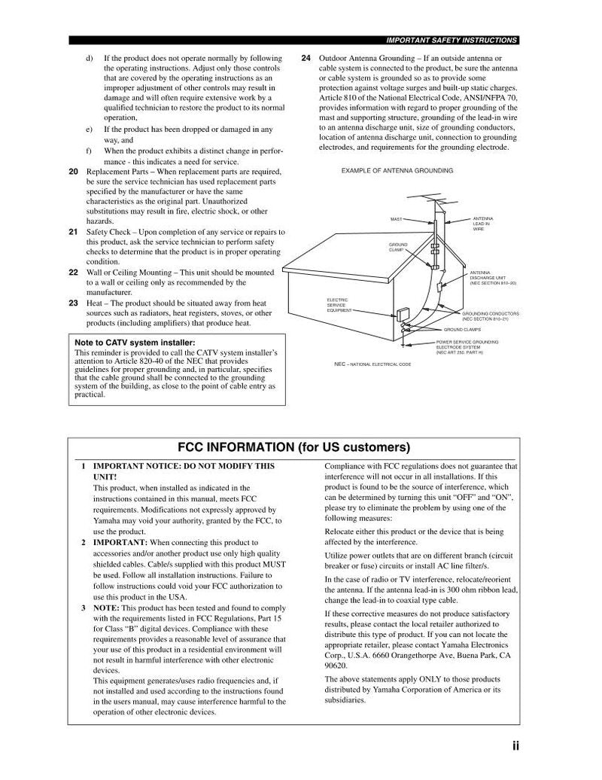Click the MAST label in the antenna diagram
[x=396, y=219]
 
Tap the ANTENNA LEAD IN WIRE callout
[x=482, y=223]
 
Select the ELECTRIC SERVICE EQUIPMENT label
[x=339, y=305]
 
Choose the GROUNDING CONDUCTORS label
[x=490, y=315]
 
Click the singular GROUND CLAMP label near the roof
[x=398, y=247]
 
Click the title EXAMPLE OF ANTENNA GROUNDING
[x=397, y=171]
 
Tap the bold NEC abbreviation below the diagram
[x=339, y=364]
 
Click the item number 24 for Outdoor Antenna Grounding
[x=306, y=58]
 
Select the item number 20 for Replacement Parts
[x=73, y=172]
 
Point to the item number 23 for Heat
[x=73, y=303]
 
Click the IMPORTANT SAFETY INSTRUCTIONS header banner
[x=451, y=40]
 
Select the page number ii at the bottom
[x=515, y=746]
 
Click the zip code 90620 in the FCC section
[x=336, y=666]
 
